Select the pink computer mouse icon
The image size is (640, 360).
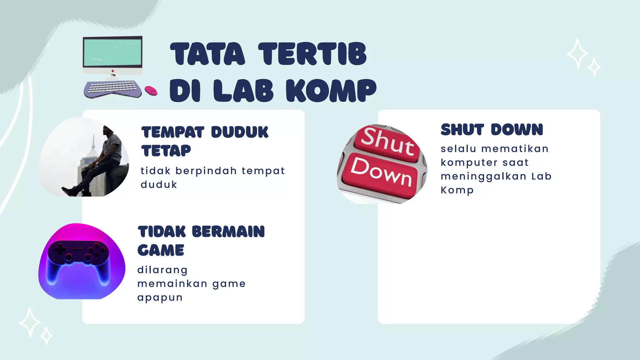pos(151,91)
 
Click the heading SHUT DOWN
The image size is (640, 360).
pos(492,130)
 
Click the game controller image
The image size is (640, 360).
pos(82,261)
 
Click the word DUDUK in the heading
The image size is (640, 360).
pos(240,132)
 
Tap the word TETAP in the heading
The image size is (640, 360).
pos(166,151)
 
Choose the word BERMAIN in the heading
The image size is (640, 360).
pos(228,232)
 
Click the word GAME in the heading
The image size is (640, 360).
pos(161,250)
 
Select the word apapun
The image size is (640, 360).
pos(160,297)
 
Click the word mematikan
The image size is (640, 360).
pos(515,149)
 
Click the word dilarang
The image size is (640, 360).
pos(162,270)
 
